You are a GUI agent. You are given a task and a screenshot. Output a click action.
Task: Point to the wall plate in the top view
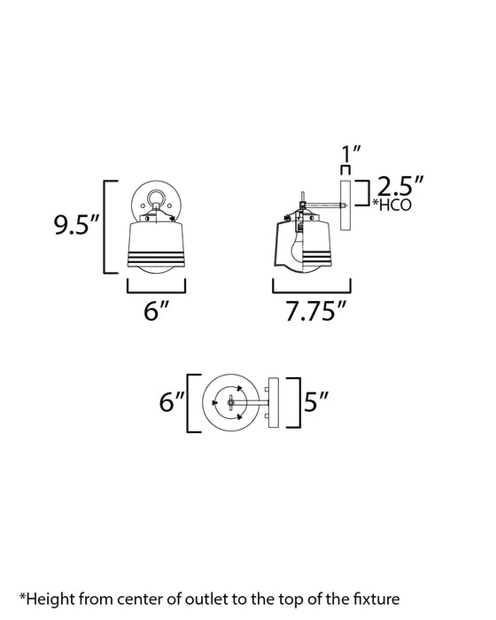tap(272, 402)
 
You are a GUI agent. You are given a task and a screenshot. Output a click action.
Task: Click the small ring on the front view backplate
tap(157, 198)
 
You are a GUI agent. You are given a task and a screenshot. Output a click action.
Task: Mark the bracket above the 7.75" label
tap(310, 290)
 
